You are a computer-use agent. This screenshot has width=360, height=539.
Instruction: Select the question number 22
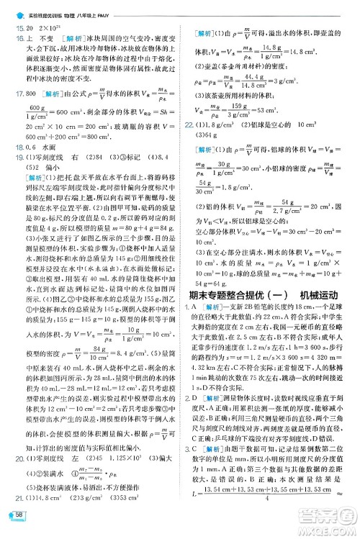point(189,125)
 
